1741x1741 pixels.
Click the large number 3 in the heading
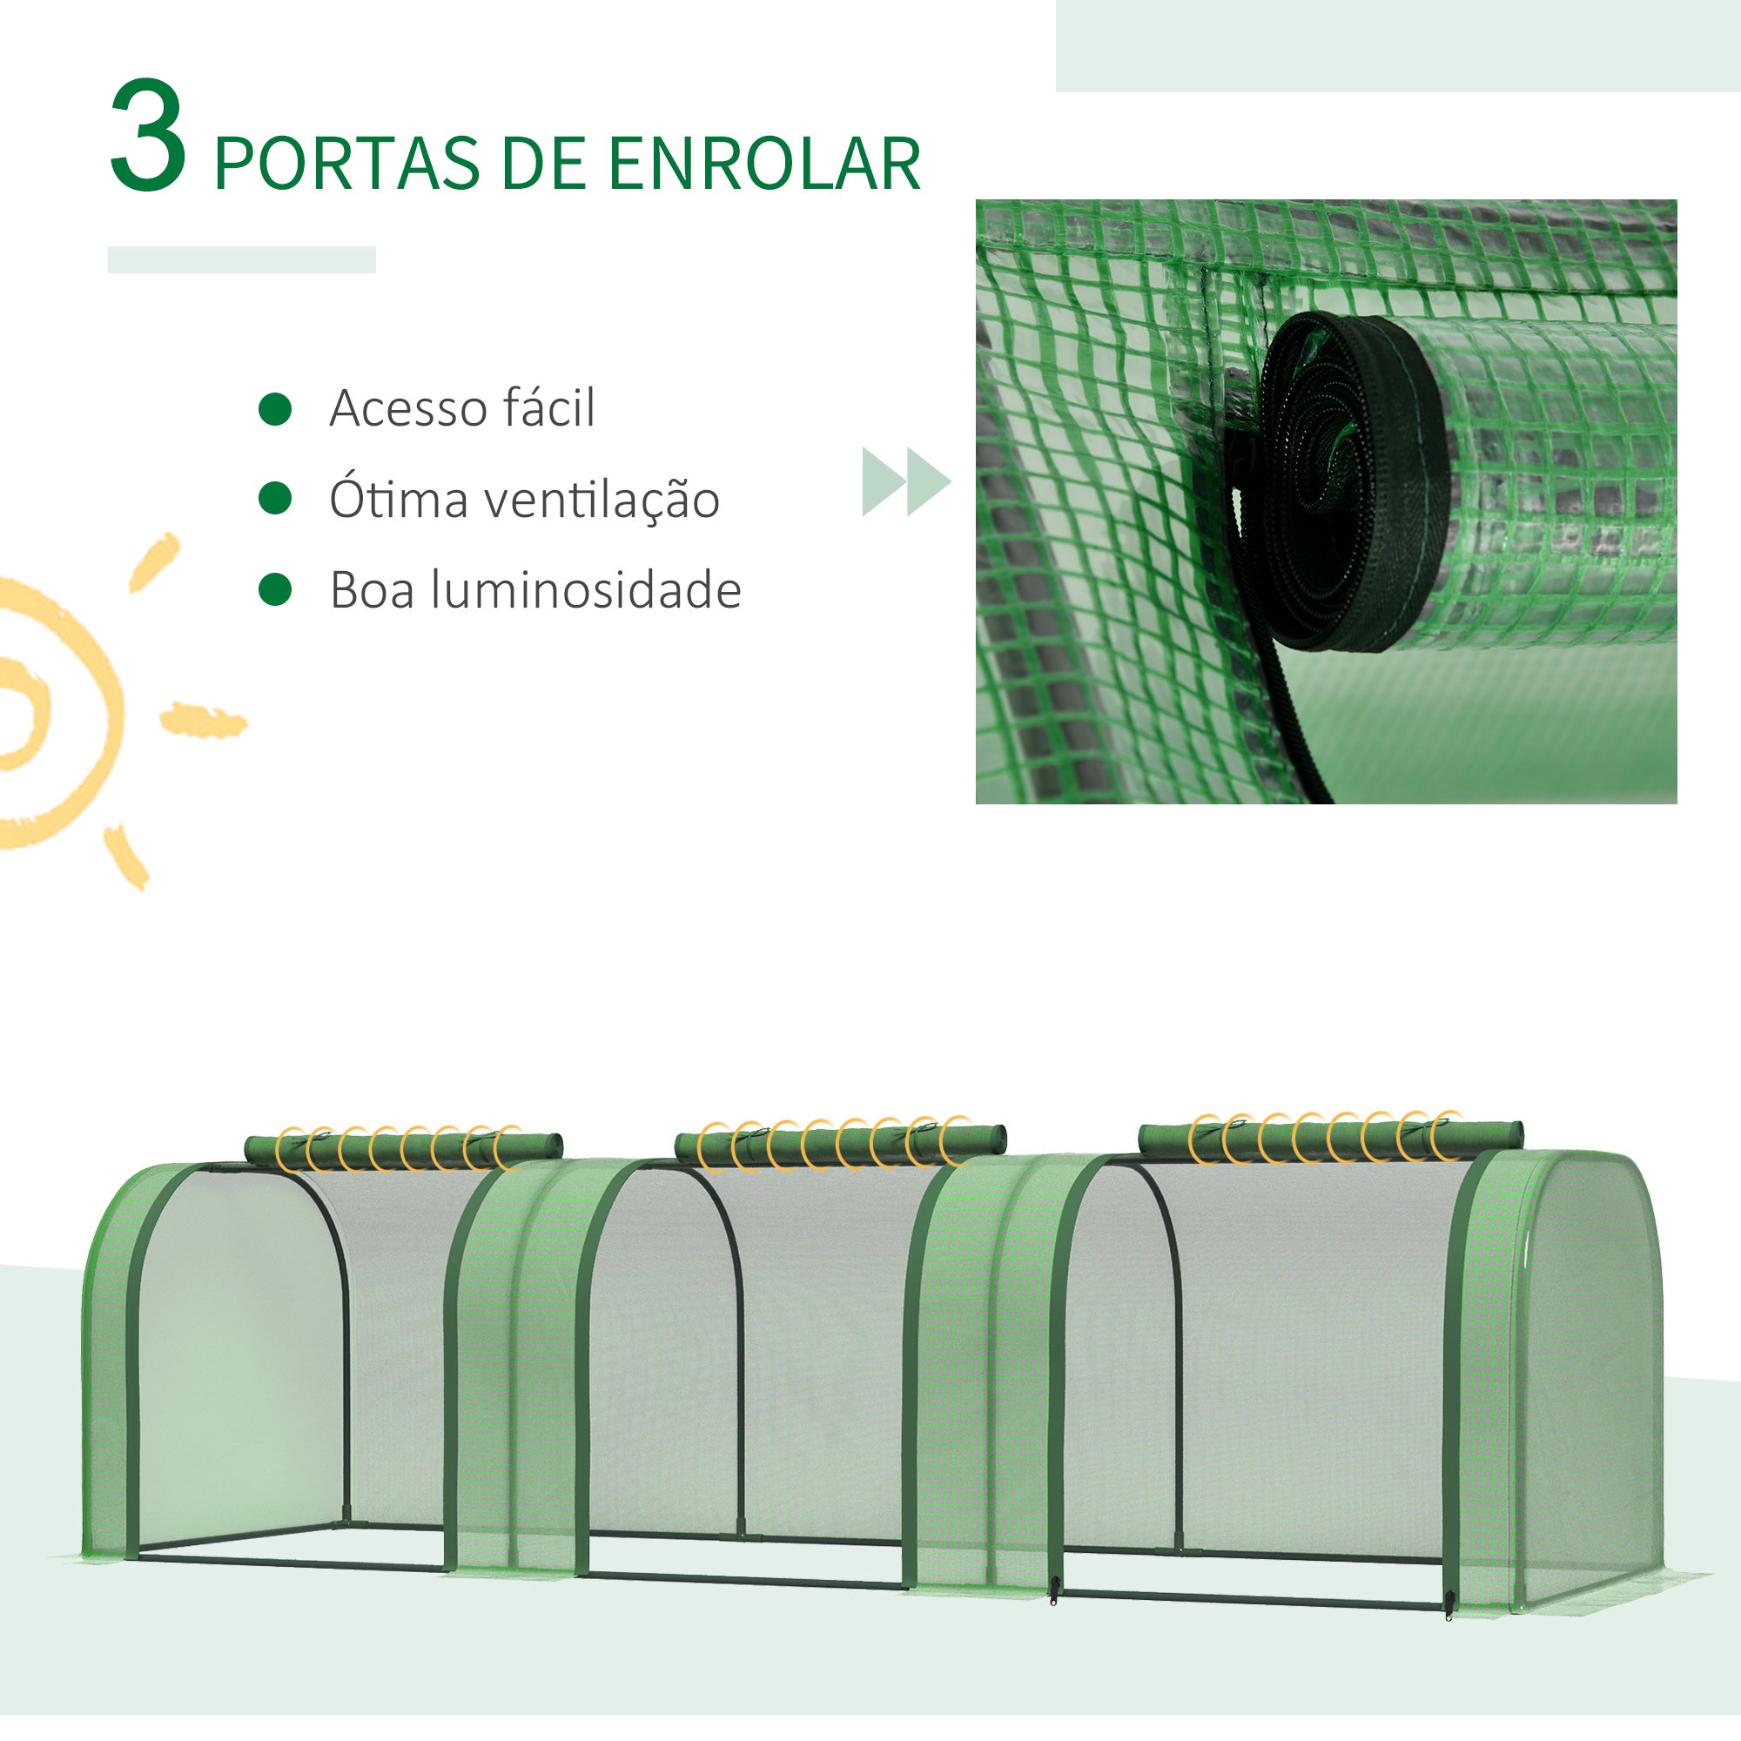pos(149,137)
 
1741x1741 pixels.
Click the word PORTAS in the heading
pos(347,164)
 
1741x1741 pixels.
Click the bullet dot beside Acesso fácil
pos(275,408)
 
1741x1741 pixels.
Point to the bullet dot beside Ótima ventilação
pos(275,498)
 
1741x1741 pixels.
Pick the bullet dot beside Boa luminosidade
pos(275,589)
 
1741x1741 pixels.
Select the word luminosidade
pos(586,590)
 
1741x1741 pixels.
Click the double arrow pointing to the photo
pos(905,481)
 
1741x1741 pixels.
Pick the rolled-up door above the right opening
pos(1330,1137)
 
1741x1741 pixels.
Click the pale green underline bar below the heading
pos(241,259)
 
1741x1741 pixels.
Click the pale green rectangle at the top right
pos(1397,45)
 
